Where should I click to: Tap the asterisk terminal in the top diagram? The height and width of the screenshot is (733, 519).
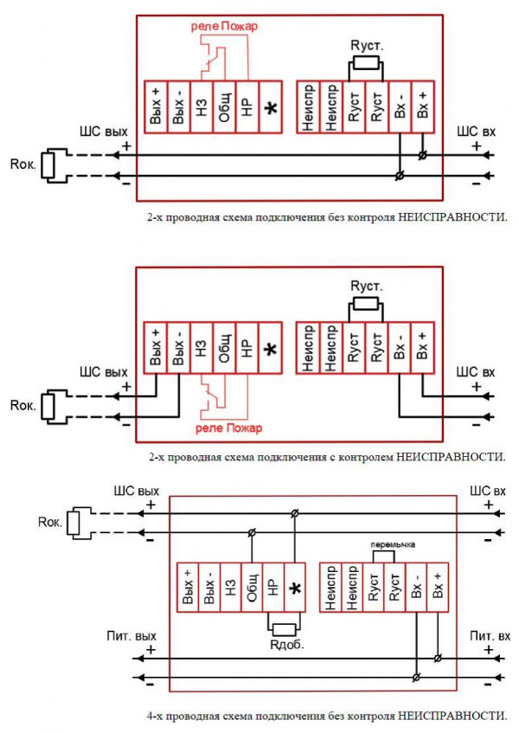pyautogui.click(x=271, y=107)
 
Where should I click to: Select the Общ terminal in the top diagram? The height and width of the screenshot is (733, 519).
pyautogui.click(x=224, y=107)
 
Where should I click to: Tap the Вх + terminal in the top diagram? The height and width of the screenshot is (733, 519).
pyautogui.click(x=422, y=107)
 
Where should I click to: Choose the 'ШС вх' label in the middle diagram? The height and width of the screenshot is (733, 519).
pyautogui.click(x=477, y=373)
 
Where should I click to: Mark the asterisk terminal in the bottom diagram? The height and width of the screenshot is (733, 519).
pyautogui.click(x=295, y=588)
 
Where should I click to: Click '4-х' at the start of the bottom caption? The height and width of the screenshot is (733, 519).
pyautogui.click(x=154, y=715)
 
